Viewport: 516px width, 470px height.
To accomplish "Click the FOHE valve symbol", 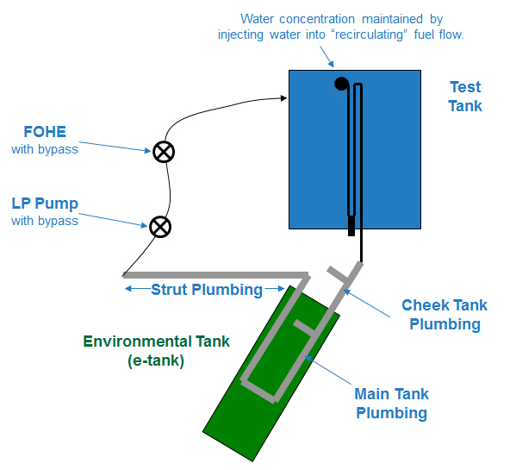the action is pyautogui.click(x=164, y=152).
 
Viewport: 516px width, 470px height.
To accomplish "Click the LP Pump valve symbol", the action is pyautogui.click(x=160, y=227).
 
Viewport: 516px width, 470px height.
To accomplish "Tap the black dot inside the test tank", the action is pyautogui.click(x=341, y=84).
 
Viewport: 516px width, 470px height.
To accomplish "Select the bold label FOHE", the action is pyautogui.click(x=45, y=132).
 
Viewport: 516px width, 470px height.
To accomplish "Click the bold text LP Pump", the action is pyautogui.click(x=45, y=204).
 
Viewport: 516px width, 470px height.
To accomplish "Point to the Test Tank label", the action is pyautogui.click(x=465, y=97).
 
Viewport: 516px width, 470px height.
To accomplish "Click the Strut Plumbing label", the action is pyautogui.click(x=207, y=290).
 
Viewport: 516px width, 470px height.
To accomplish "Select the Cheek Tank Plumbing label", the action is pyautogui.click(x=445, y=315).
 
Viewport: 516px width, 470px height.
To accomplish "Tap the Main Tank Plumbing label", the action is pyautogui.click(x=392, y=403).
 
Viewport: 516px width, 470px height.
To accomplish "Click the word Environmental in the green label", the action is pyautogui.click(x=137, y=342).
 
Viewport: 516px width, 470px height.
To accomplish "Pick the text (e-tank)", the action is pyautogui.click(x=156, y=360).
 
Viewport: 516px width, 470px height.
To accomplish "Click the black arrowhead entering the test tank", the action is pyautogui.click(x=283, y=97).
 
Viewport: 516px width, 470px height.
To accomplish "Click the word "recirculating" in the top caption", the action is pyautogui.click(x=369, y=34).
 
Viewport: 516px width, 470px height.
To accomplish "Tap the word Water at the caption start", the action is pyautogui.click(x=257, y=19).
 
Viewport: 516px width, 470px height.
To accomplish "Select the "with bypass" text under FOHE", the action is pyautogui.click(x=45, y=149).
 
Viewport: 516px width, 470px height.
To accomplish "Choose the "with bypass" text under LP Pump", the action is pyautogui.click(x=45, y=221).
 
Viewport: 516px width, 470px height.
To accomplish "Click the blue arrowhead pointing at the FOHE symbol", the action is pyautogui.click(x=148, y=151).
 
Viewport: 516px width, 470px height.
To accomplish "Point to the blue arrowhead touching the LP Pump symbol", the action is pyautogui.click(x=144, y=225).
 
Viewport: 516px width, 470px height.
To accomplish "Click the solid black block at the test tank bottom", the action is pyautogui.click(x=351, y=226).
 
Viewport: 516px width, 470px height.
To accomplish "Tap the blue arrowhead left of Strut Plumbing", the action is pyautogui.click(x=128, y=289).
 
